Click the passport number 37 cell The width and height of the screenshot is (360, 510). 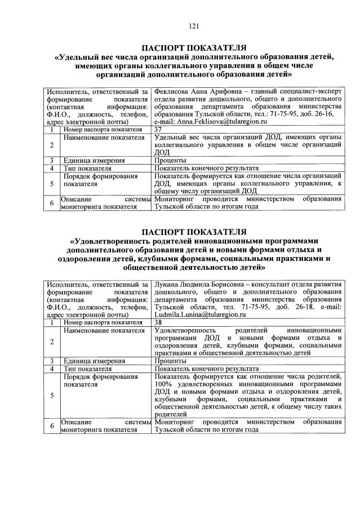[x=158, y=129]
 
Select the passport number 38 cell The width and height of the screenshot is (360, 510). [x=158, y=322]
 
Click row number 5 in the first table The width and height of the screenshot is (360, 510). [x=51, y=183]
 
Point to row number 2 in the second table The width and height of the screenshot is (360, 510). [x=51, y=342]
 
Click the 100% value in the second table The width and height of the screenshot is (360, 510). [x=163, y=384]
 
